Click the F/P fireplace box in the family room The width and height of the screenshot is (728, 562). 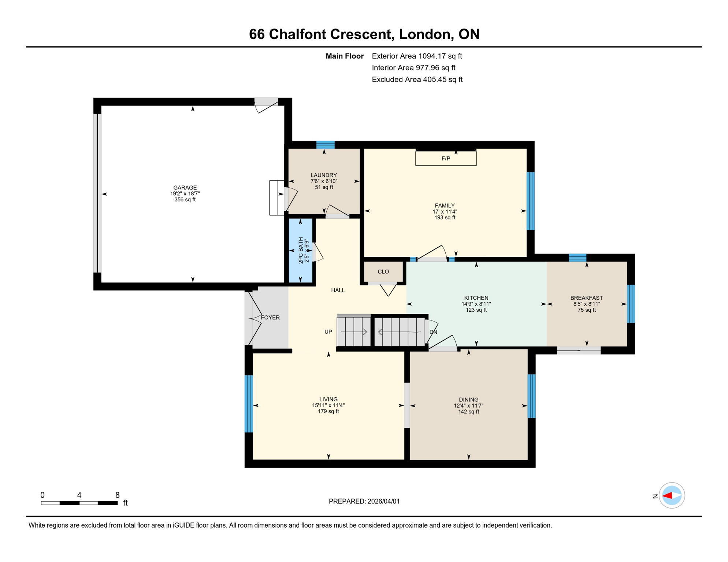click(x=446, y=158)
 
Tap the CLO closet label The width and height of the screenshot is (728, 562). click(x=383, y=271)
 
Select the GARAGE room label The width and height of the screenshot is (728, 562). click(x=185, y=188)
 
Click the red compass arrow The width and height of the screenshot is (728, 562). click(x=667, y=496)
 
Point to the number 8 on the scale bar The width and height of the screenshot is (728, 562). click(x=117, y=495)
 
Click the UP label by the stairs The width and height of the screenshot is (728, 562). click(x=328, y=332)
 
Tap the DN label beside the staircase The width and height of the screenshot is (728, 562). click(x=433, y=332)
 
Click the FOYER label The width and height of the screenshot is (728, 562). click(x=270, y=318)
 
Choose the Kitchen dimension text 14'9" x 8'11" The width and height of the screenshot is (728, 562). click(x=476, y=304)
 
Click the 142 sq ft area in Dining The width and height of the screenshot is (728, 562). click(x=468, y=412)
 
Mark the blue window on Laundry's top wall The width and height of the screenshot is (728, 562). click(x=325, y=145)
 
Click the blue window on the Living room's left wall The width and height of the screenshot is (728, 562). click(x=249, y=404)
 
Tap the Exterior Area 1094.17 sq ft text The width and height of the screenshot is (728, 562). click(x=417, y=56)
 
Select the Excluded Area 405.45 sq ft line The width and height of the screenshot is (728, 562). click(x=417, y=79)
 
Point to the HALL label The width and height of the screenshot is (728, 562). click(x=338, y=290)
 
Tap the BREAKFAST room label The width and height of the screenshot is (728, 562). click(x=586, y=298)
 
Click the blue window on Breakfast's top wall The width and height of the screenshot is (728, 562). click(x=577, y=258)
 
